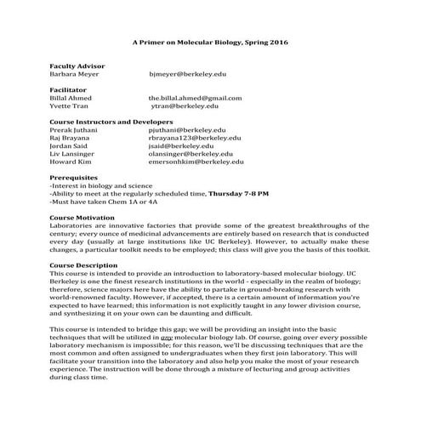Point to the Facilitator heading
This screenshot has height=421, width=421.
pyautogui.click(x=70, y=89)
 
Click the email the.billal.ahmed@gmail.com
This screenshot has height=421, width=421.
pyautogui.click(x=195, y=98)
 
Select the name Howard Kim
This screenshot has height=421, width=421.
pyautogui.click(x=70, y=161)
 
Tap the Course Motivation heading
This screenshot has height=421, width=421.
pyautogui.click(x=83, y=218)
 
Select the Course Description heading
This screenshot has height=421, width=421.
pyautogui.click(x=85, y=265)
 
